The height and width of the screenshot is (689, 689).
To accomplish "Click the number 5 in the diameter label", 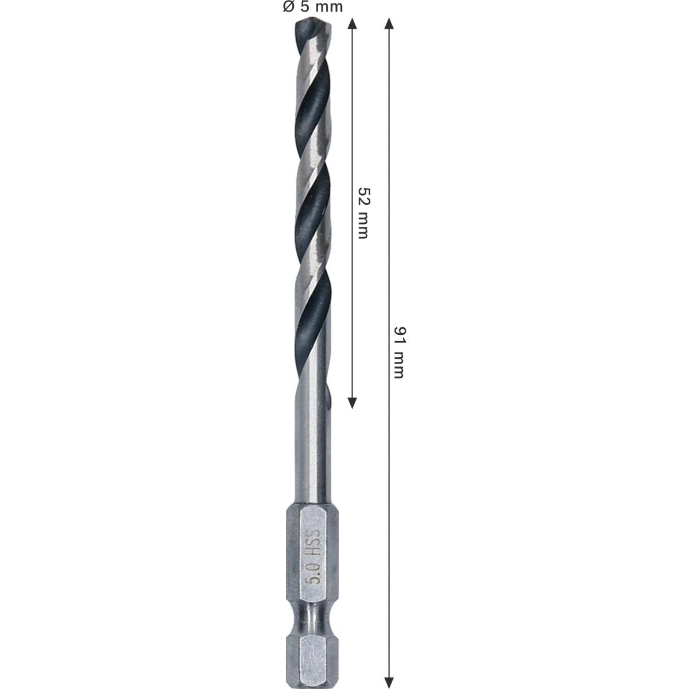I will click(x=305, y=7).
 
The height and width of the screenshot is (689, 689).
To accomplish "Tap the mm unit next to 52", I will click(x=362, y=224).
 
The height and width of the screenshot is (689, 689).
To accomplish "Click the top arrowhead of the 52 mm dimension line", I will click(x=353, y=24).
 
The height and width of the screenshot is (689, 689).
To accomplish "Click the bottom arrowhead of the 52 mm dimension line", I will click(x=353, y=402).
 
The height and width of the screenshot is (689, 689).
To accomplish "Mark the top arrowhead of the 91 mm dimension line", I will click(x=389, y=24).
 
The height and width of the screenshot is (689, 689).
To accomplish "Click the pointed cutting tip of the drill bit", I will click(x=313, y=23).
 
